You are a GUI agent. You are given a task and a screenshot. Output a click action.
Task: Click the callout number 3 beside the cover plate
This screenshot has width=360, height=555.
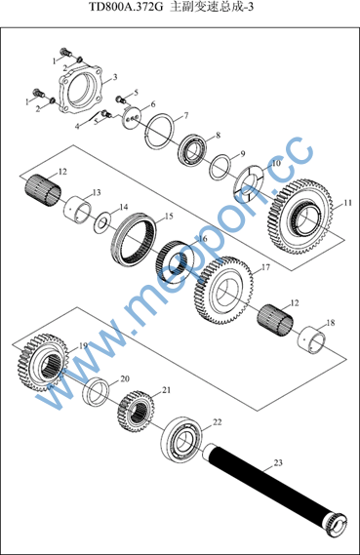(115, 77)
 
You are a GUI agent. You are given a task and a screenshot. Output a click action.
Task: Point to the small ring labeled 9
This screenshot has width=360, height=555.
(220, 166)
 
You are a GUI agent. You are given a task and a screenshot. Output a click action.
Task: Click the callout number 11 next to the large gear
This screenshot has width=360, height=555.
(347, 203)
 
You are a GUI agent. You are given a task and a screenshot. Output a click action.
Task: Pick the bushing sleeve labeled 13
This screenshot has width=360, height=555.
(77, 211)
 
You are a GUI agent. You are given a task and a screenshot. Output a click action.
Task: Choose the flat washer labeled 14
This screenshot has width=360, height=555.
(101, 222)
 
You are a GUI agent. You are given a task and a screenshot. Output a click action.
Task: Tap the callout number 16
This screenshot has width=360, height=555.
(203, 239)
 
